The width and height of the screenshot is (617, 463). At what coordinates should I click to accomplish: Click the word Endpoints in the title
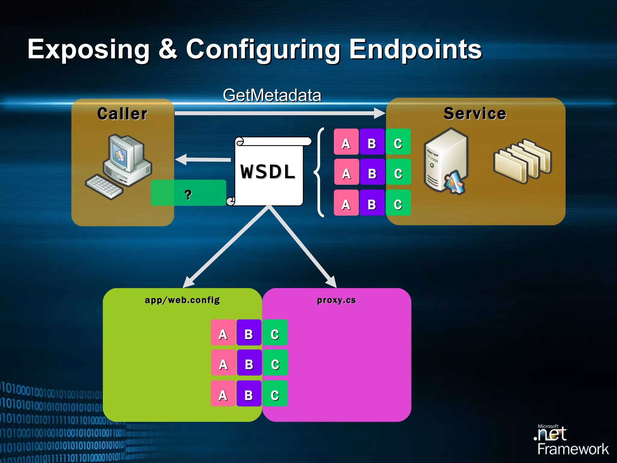(415, 50)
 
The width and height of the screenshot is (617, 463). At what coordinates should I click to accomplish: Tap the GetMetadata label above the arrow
(272, 96)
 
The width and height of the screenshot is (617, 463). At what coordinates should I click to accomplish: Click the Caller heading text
(122, 114)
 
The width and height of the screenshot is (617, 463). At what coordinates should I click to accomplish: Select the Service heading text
(475, 114)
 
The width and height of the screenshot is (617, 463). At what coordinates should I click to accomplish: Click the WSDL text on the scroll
(268, 172)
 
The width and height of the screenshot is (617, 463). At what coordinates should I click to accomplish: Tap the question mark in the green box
(188, 194)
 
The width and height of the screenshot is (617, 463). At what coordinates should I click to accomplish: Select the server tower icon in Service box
(445, 161)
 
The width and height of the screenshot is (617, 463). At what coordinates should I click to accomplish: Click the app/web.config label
(182, 300)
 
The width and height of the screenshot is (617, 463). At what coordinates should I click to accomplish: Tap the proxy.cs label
(336, 300)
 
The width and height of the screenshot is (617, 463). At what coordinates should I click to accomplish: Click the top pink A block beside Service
(346, 142)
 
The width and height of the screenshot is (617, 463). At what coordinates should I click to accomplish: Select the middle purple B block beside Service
(372, 172)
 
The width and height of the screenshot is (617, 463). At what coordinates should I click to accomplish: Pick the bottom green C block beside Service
(398, 203)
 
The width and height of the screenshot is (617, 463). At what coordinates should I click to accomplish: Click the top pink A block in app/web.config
(223, 332)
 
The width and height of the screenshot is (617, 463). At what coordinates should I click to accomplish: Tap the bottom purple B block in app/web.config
(249, 393)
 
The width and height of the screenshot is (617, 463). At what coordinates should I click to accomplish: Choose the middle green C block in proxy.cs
(275, 363)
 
